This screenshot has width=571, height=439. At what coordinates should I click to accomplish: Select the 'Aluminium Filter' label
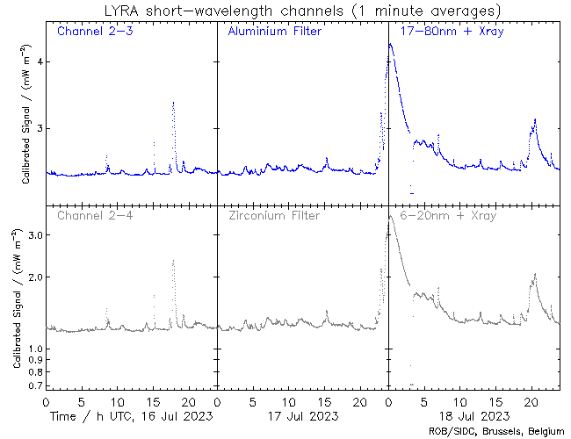click(x=274, y=32)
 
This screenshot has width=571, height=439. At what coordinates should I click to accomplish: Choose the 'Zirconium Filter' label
click(x=274, y=215)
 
